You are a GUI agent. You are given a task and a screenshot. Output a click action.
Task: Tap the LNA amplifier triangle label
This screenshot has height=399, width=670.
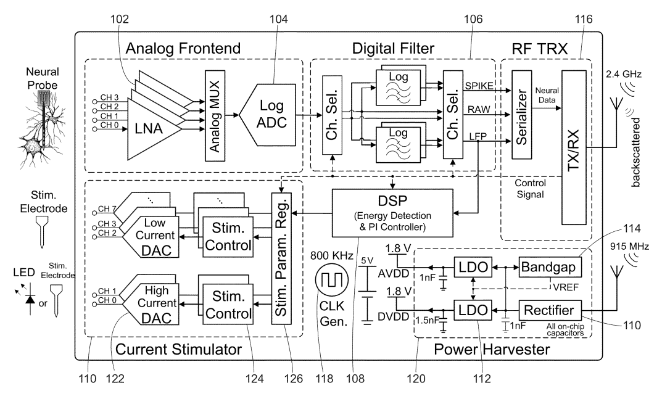pos(152,130)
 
